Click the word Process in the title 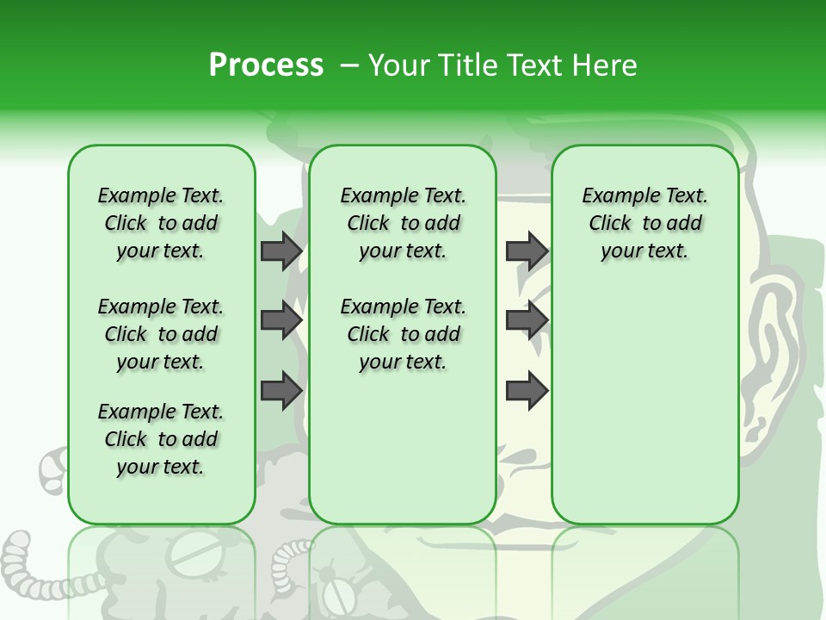click(266, 65)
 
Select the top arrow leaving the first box click(280, 251)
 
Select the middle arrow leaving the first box click(280, 320)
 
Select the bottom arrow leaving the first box click(280, 390)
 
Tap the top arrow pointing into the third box click(527, 251)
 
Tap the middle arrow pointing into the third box click(527, 320)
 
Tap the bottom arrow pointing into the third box click(527, 390)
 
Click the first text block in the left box click(161, 223)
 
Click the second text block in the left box click(161, 334)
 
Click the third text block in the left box click(161, 439)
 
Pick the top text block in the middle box click(403, 223)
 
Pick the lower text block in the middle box click(403, 334)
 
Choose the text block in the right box click(644, 223)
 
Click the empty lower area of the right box click(644, 405)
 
